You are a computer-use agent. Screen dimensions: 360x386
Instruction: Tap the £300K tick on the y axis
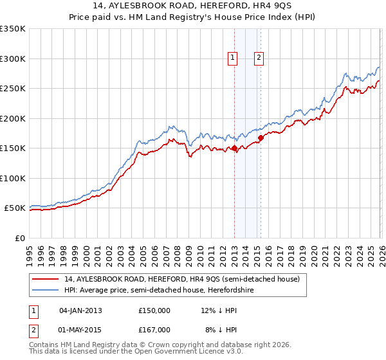click(13, 59)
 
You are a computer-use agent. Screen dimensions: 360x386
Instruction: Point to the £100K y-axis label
click(13, 178)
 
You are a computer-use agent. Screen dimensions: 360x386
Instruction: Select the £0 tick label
click(19, 238)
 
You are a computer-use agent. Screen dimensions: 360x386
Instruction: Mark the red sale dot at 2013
click(234, 148)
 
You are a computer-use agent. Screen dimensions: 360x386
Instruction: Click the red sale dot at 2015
click(261, 138)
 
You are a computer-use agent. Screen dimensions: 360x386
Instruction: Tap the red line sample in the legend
click(46, 279)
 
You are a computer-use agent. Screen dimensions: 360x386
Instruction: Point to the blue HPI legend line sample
click(46, 290)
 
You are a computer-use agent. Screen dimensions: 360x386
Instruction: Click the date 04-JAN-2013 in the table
click(80, 310)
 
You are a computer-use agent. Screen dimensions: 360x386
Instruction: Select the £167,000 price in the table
click(154, 330)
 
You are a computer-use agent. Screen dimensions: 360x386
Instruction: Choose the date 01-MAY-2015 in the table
click(80, 330)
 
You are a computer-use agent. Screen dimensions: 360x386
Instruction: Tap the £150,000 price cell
click(154, 310)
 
